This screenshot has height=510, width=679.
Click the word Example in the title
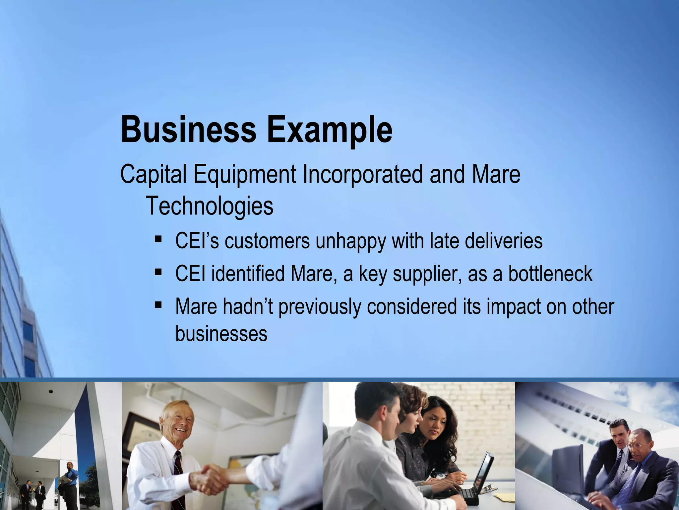click(x=330, y=130)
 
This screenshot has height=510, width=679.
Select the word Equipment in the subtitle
click(x=245, y=174)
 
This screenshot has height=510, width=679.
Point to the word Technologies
click(x=210, y=206)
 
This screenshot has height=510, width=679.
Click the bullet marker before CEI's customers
click(x=158, y=239)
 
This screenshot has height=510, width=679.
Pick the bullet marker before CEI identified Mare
click(x=158, y=272)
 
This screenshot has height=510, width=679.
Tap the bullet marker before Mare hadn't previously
click(x=158, y=304)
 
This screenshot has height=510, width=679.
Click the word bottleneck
click(x=550, y=274)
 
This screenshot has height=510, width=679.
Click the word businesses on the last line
click(x=221, y=333)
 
